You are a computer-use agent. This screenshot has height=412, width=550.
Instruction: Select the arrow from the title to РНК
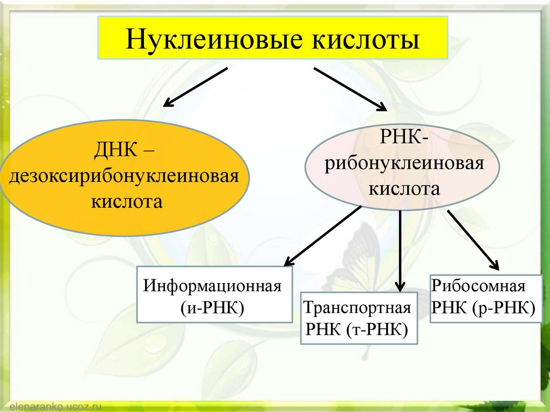(350, 89)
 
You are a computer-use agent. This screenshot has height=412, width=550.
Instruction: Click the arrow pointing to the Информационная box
(323, 236)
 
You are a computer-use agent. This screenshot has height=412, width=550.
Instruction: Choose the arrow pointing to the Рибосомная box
(473, 238)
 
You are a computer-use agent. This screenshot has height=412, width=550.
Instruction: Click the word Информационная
(213, 285)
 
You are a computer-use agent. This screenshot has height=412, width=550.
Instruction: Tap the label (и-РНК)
(212, 308)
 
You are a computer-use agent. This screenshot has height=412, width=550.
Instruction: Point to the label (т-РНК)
(377, 330)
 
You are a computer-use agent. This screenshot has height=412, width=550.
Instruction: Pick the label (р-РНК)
(503, 308)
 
